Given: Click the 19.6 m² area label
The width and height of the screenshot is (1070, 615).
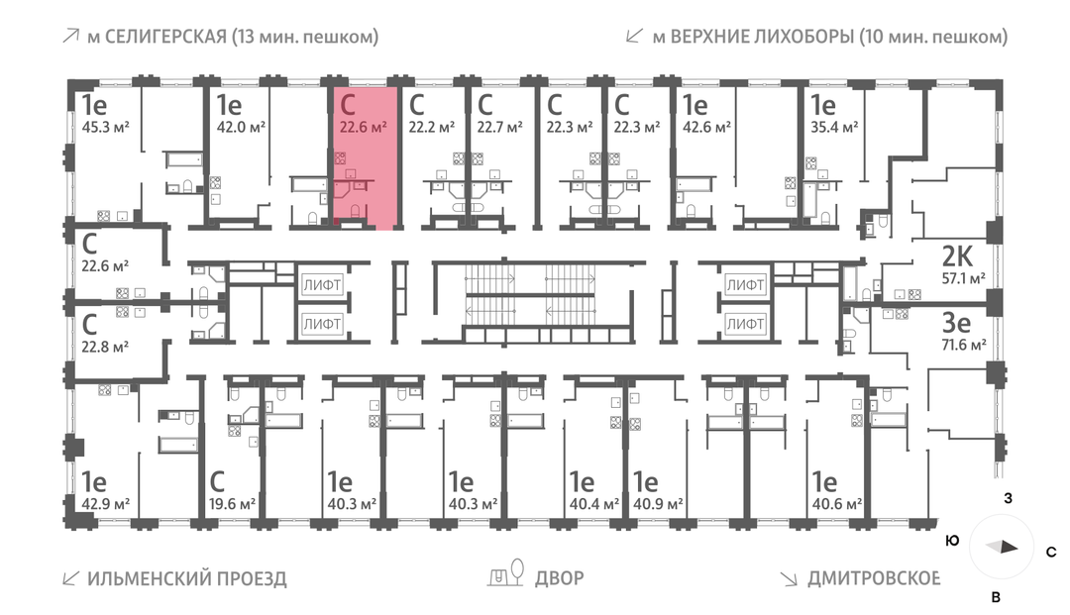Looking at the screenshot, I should pos(233,503).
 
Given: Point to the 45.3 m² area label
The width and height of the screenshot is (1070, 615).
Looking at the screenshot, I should pos(106,126).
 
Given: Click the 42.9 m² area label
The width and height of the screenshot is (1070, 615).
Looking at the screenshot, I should pos(106,503).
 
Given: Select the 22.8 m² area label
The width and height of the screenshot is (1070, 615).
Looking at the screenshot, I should pos(106,347).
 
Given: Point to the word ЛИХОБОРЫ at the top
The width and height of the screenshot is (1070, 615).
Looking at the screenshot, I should pos(802,38).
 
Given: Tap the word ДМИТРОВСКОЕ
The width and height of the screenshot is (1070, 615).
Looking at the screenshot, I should pos(874,578).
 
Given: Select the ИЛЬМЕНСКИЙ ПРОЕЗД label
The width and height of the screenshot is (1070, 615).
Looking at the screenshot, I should pos(187,578).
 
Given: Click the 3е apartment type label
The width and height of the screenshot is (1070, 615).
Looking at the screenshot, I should pos(957,323).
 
